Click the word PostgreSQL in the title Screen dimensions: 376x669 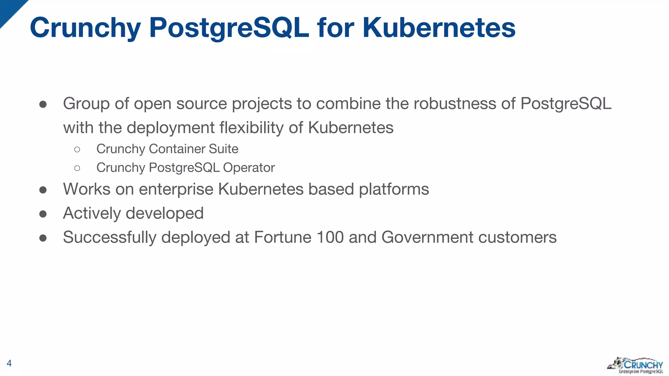click(229, 28)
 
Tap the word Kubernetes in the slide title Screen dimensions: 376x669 click(439, 28)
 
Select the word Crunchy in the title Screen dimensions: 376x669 click(85, 28)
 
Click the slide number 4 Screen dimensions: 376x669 click(9, 363)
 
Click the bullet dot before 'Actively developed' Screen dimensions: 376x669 click(43, 214)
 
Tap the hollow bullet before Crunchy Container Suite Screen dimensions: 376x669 click(77, 149)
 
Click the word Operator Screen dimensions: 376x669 click(249, 168)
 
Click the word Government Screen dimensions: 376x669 click(427, 237)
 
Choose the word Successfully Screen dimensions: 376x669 click(110, 237)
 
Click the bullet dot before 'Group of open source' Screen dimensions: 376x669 click(43, 104)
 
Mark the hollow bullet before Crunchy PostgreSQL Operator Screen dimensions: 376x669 click(77, 168)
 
